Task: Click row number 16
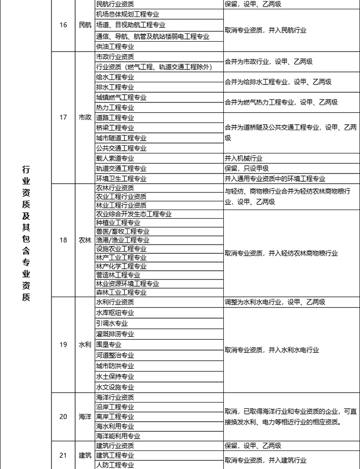click(x=63, y=25)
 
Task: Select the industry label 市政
click(x=85, y=117)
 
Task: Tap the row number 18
click(x=63, y=240)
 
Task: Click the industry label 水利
click(x=85, y=344)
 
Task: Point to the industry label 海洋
click(x=85, y=416)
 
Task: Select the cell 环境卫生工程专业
click(x=121, y=179)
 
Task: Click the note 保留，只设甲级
click(x=247, y=168)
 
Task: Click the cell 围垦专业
click(x=109, y=344)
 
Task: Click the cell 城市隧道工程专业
click(x=121, y=138)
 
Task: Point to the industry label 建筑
click(x=85, y=455)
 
